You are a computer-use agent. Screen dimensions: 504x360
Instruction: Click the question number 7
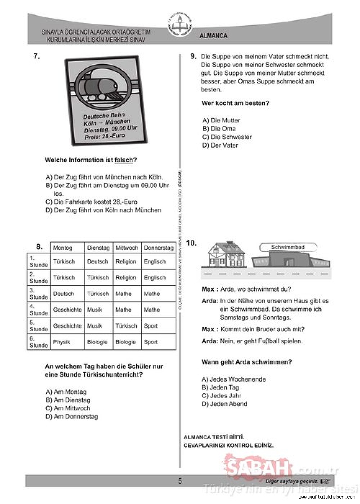coord(37,56)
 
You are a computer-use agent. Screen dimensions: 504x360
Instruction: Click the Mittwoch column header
coord(126,248)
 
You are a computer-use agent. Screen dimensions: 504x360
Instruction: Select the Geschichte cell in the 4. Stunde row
coord(67,310)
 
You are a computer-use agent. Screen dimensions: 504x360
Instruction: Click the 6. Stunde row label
coord(39,342)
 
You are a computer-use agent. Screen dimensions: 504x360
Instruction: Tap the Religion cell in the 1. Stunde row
coord(126,261)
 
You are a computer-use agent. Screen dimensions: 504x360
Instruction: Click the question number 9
coord(193,56)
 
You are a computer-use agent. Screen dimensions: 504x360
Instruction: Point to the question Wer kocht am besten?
coord(235,103)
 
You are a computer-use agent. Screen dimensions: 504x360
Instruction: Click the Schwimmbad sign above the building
coord(288,247)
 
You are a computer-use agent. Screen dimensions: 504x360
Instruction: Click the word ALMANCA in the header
coord(214,36)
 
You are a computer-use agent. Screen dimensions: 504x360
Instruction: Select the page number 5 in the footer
coord(180,481)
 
